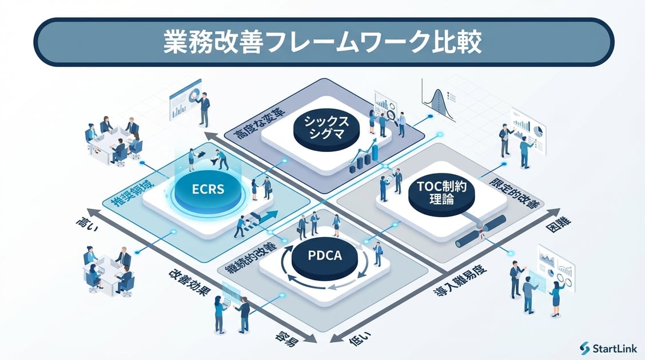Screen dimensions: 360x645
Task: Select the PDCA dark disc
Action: pyautogui.click(x=324, y=255)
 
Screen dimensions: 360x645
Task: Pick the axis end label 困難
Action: pyautogui.click(x=558, y=227)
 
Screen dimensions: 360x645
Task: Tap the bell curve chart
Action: pyautogui.click(x=439, y=102)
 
